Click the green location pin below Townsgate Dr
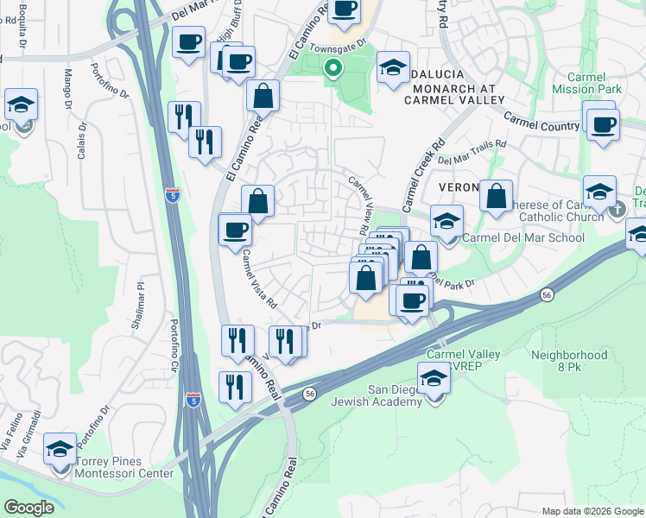332,69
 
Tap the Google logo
29,508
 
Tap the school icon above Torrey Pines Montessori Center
60,450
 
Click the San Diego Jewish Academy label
396,396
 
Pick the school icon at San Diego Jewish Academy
434,377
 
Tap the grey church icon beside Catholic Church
617,209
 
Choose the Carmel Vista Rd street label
258,280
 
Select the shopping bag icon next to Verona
497,196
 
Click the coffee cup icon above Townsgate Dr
345,9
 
